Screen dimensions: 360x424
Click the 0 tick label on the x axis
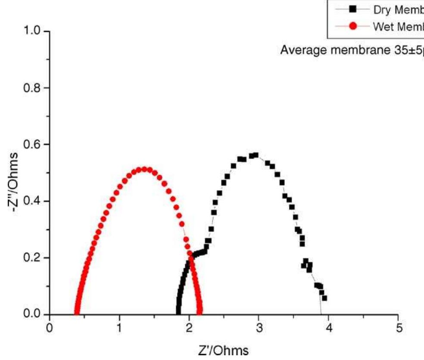50,328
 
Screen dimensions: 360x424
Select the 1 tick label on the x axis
120,328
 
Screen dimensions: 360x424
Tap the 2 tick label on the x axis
189,328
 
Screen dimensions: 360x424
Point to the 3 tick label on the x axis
259,328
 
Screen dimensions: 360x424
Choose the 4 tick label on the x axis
329,328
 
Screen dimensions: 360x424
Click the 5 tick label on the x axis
399,328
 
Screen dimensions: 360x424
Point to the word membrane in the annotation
353,50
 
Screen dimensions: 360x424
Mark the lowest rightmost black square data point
324,298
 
